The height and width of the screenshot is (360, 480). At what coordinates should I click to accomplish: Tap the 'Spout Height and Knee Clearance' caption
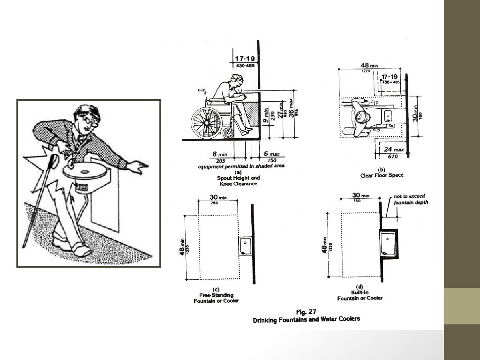[238, 181]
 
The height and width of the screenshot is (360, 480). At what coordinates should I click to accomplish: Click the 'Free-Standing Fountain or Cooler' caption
[216, 298]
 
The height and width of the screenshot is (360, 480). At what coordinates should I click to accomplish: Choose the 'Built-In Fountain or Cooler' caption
[360, 295]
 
